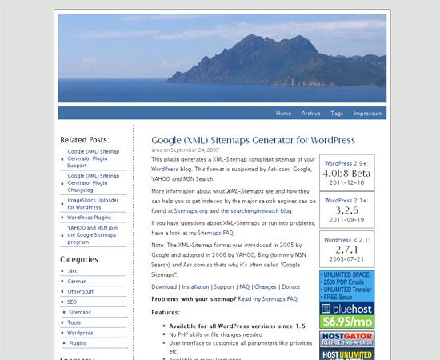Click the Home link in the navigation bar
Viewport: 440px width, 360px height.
coord(283,114)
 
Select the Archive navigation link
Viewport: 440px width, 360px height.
coord(310,114)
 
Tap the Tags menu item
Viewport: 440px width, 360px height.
coord(337,114)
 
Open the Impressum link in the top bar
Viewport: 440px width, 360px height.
coord(368,114)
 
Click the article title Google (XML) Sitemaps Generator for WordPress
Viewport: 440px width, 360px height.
coord(253,139)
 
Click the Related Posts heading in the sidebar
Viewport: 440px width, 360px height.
coord(84,140)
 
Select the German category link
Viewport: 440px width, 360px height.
coord(77,282)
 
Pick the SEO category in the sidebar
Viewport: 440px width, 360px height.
coord(72,302)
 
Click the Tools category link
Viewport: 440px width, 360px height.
coord(74,322)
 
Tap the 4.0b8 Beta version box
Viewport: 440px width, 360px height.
coord(346,173)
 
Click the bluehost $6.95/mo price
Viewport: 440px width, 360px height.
coord(346,321)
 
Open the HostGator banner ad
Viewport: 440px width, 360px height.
coord(346,339)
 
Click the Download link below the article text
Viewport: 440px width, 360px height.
coord(164,286)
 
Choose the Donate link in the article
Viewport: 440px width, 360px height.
coord(290,286)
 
